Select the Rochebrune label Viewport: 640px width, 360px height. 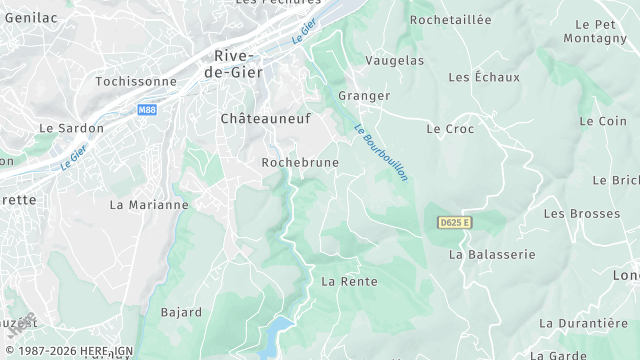point(300,162)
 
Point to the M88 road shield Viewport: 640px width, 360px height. point(147,109)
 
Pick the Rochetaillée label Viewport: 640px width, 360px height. point(451,20)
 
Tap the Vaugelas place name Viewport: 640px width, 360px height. point(394,61)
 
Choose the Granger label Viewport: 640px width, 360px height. point(364,96)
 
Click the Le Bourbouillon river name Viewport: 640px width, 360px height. point(382,151)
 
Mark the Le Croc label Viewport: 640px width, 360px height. point(450,129)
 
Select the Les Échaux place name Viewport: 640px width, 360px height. point(484,77)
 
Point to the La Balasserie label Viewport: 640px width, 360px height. point(492,255)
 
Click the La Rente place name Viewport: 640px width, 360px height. point(349,282)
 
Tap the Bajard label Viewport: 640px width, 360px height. point(181,312)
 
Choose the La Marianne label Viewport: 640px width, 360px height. point(148,205)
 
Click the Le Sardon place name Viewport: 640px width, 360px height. point(72,129)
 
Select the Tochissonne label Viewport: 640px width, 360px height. point(135,81)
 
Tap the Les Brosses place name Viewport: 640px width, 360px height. point(581,214)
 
